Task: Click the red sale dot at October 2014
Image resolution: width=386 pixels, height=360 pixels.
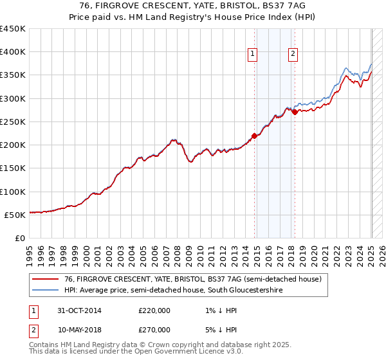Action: pos(254,136)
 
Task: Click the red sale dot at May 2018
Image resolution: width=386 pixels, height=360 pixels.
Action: pos(295,112)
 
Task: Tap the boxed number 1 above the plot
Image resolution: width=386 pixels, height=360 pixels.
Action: pos(253,55)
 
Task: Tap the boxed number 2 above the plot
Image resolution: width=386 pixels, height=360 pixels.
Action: pos(293,55)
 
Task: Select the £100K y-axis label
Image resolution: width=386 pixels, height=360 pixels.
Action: pos(13,192)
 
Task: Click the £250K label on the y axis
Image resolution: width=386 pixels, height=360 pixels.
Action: pos(13,122)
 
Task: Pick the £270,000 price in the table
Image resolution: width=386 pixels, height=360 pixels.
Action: pos(154,329)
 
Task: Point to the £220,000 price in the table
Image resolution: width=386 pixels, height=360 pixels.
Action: pos(154,310)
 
